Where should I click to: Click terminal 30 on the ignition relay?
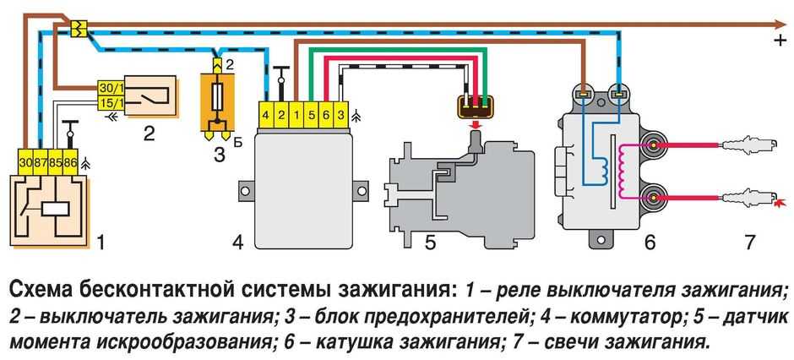tap(27, 159)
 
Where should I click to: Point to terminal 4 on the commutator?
tap(266, 112)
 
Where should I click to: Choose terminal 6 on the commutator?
tap(325, 112)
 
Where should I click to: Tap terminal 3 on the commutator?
tap(340, 112)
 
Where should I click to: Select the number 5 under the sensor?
tap(429, 243)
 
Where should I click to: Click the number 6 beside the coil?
tap(649, 243)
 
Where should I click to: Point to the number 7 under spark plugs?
tap(749, 243)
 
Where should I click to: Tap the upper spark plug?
tap(743, 145)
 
